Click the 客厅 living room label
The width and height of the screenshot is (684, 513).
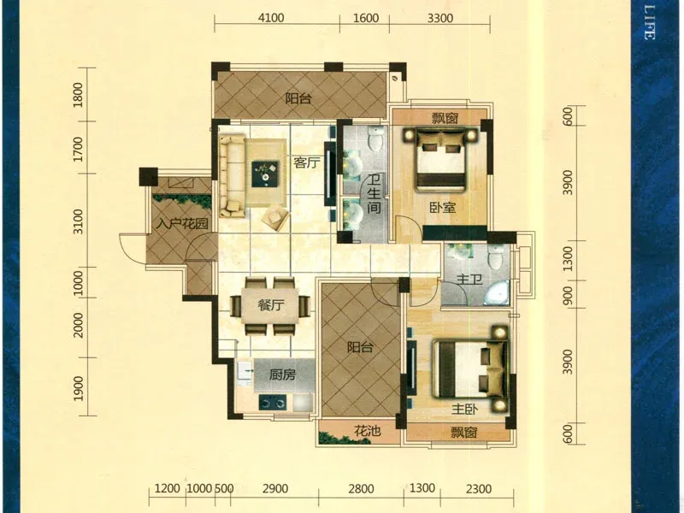click(307, 163)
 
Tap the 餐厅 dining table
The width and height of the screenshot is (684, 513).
click(270, 304)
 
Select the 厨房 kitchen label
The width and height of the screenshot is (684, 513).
click(282, 374)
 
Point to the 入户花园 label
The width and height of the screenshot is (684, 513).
click(182, 224)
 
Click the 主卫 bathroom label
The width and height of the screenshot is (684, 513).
click(469, 280)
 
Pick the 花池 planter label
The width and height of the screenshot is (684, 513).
click(368, 432)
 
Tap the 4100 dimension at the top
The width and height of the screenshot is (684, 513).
click(271, 18)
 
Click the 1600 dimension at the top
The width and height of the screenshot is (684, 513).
click(366, 18)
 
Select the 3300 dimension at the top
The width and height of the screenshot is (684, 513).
click(439, 18)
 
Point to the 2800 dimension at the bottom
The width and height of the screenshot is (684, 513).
click(361, 488)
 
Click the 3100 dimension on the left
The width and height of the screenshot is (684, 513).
click(78, 221)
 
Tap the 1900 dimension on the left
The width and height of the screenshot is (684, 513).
click(78, 388)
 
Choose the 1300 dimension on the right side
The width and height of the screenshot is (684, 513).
click(567, 259)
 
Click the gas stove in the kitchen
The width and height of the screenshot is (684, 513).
click(273, 402)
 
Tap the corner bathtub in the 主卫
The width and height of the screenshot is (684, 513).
click(497, 293)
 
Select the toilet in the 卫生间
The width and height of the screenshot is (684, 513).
click(374, 139)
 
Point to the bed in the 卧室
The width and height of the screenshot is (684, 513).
click(439, 159)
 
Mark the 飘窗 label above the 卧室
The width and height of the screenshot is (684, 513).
click(445, 118)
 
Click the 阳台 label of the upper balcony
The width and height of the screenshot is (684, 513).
click(298, 98)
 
